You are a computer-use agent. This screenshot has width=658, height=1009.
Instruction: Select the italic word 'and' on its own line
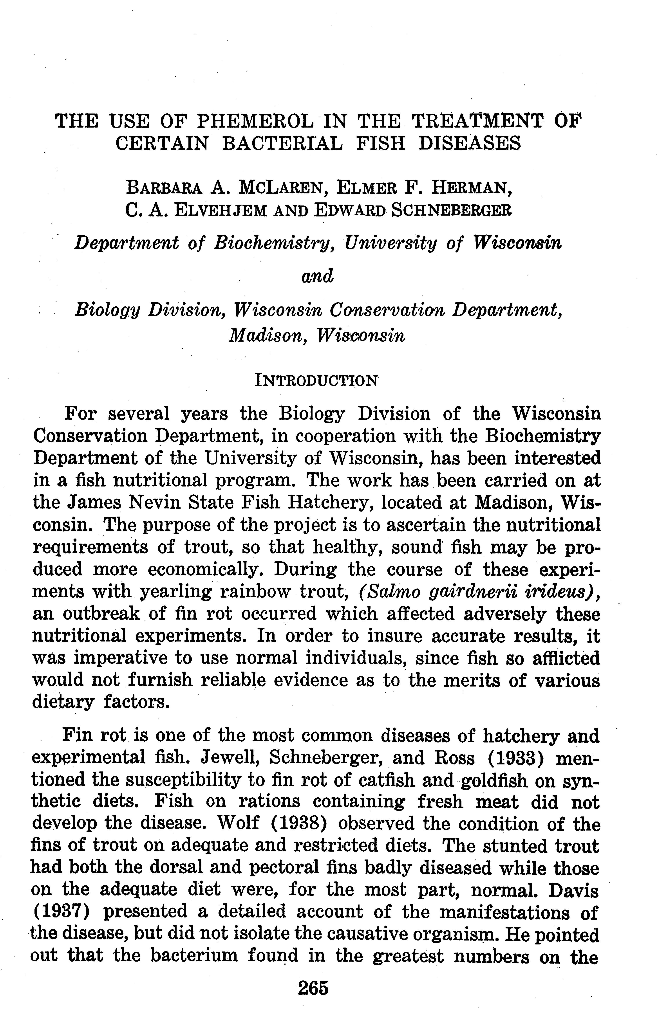317,276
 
